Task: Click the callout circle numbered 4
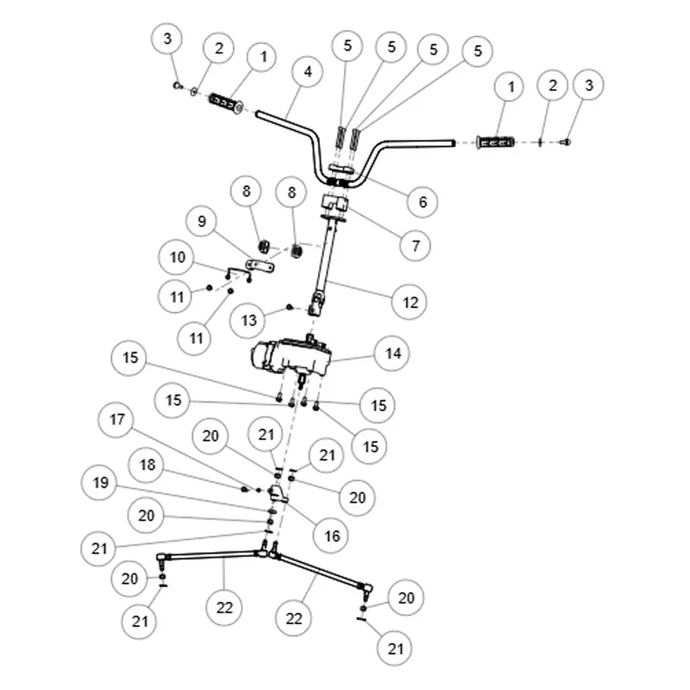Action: point(307,72)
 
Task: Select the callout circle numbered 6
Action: point(422,202)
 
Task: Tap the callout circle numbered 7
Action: point(415,246)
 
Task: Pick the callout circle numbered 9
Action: point(201,221)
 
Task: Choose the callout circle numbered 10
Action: point(177,257)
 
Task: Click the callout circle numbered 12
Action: point(409,302)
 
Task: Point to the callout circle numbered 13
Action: point(248,320)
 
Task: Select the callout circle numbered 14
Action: point(393,353)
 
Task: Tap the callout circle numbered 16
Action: point(331,536)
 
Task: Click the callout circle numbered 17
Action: point(116,420)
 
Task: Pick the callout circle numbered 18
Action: point(146,464)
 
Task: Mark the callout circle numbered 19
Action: point(99,483)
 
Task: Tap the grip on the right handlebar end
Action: point(495,142)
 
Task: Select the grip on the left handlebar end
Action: point(226,102)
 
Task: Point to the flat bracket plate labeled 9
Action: point(261,266)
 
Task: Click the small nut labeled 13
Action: point(289,307)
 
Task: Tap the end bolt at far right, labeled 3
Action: point(566,141)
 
